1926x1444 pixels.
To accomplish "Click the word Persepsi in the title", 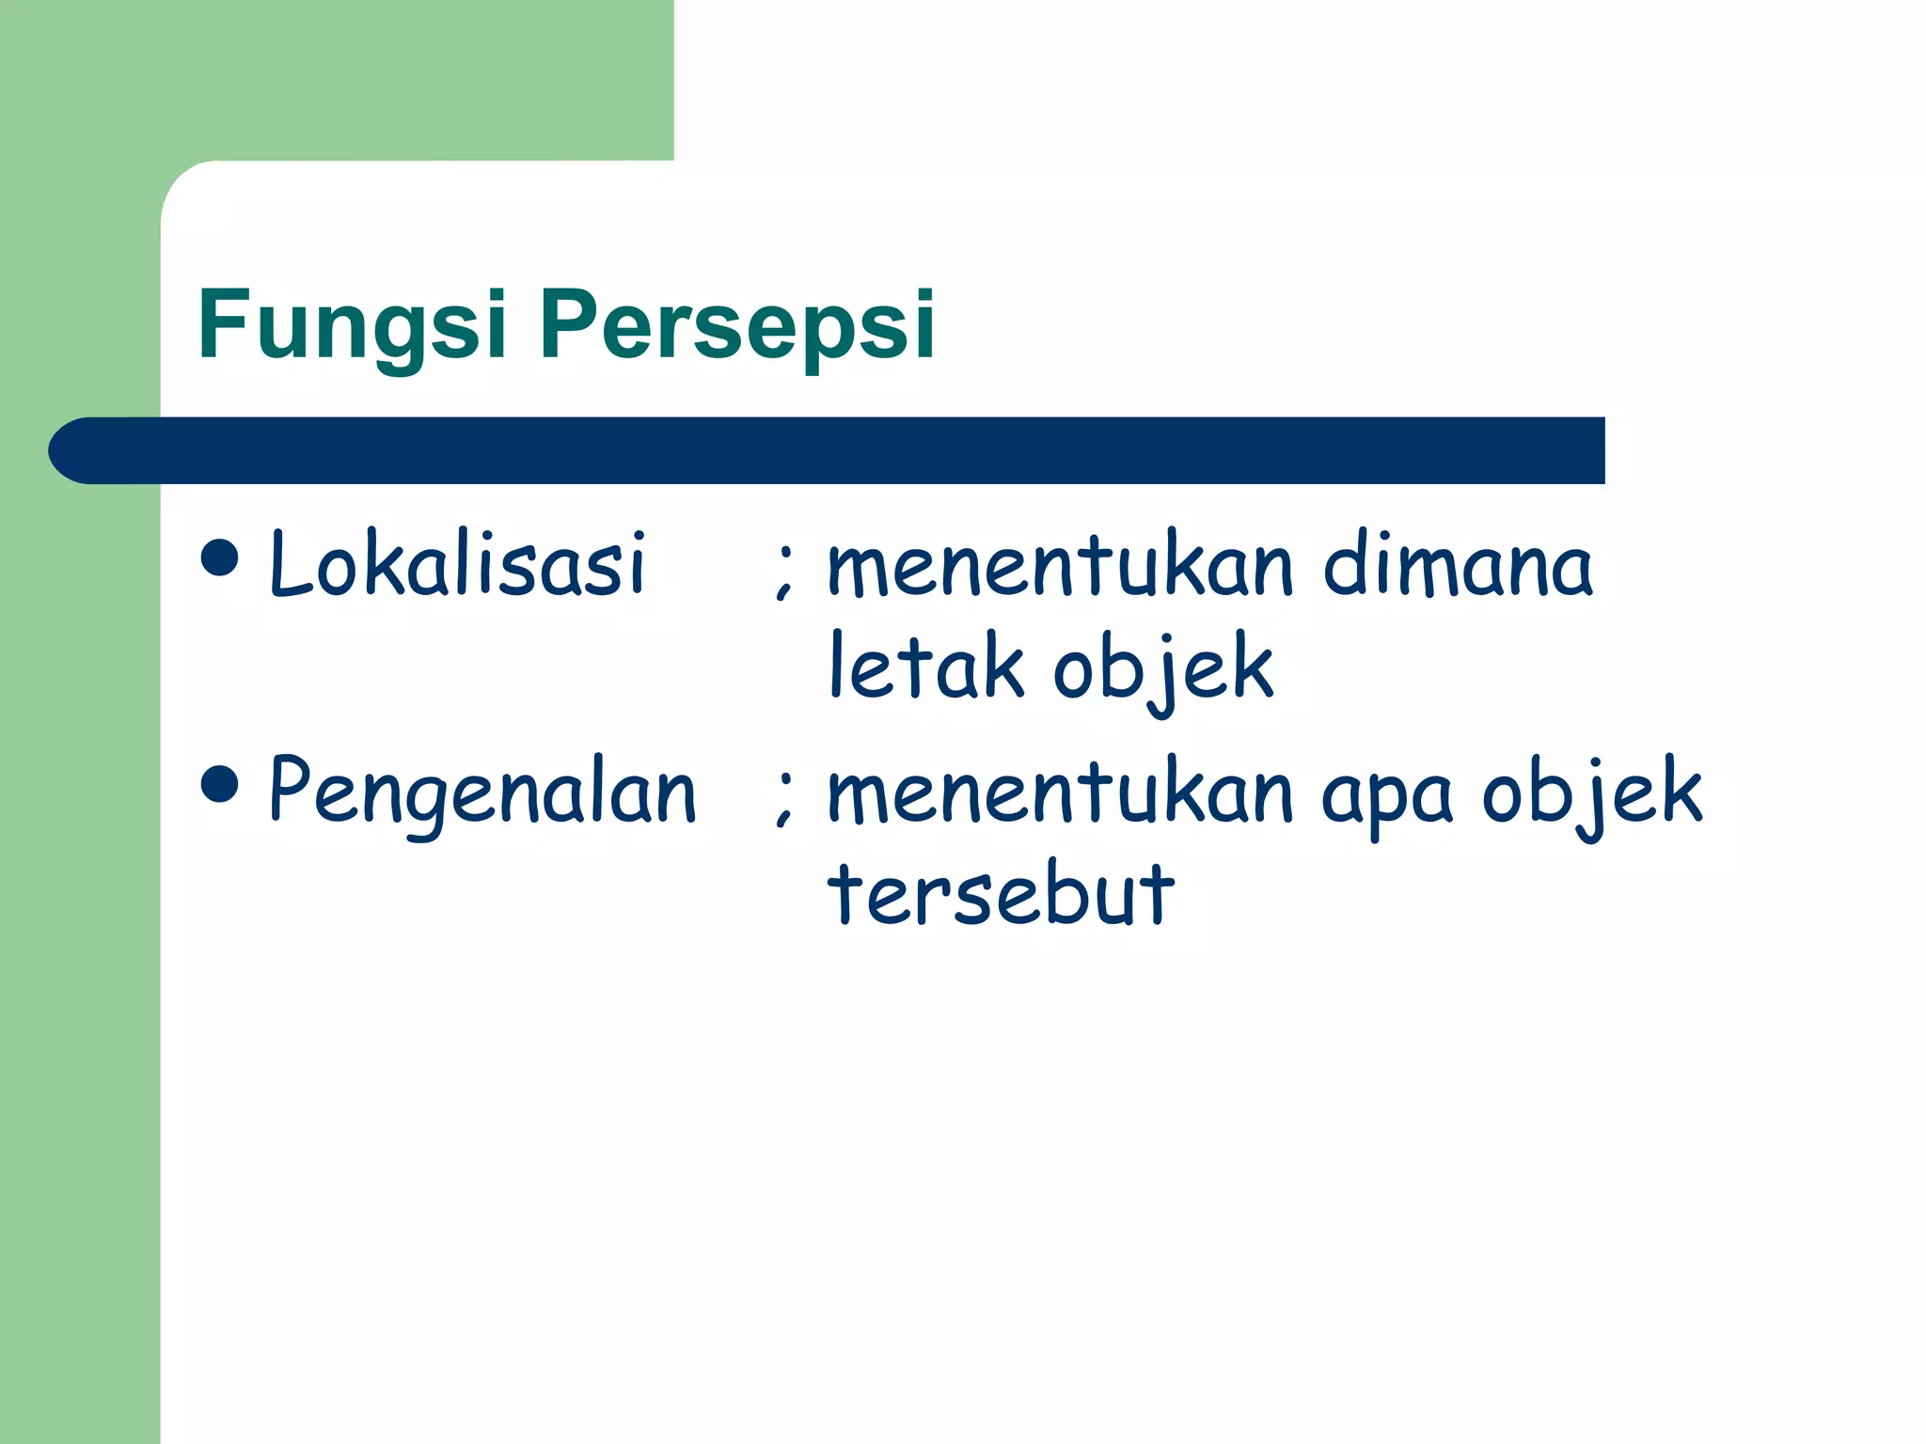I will tap(737, 325).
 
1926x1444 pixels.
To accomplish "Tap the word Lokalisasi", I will tap(458, 564).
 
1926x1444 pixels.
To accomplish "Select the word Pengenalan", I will tap(482, 793).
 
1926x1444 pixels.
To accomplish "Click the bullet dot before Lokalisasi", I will tap(220, 557).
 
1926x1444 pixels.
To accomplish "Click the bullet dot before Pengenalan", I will tap(220, 785).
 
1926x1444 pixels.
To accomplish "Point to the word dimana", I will tap(1458, 566).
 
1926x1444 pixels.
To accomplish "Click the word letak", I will tap(925, 667).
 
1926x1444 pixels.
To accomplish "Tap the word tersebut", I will tap(1001, 892).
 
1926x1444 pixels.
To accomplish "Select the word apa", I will tap(1387, 797).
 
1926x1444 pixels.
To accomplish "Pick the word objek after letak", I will tap(1163, 668).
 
